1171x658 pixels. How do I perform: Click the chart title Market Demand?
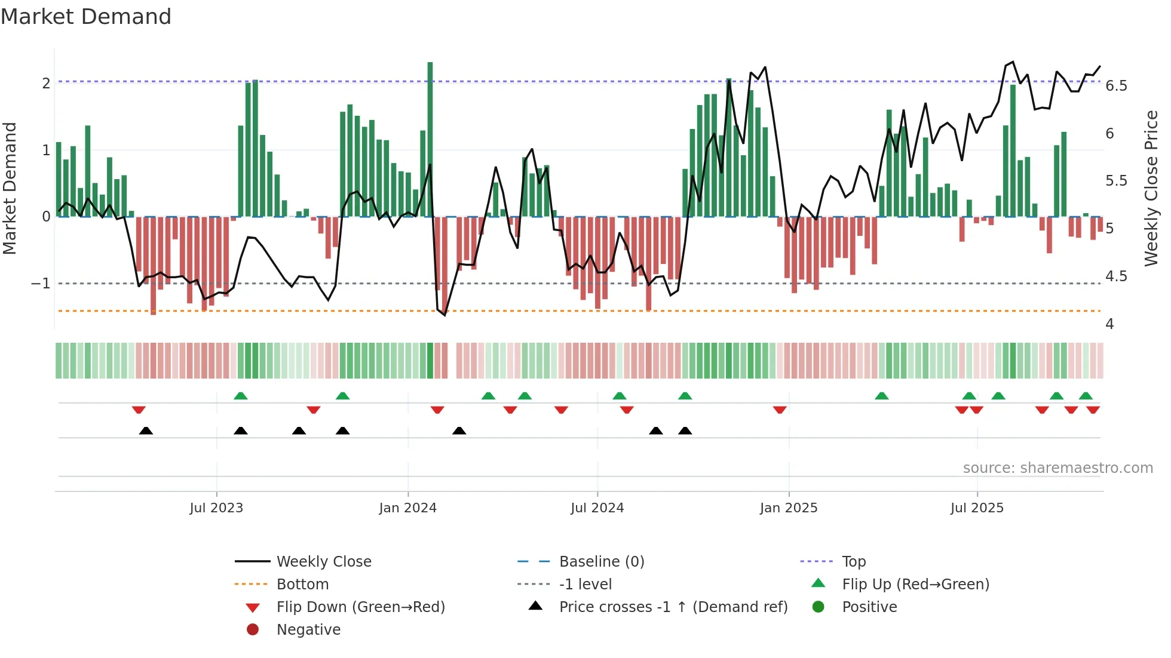coord(86,17)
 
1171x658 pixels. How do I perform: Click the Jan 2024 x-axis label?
coord(407,508)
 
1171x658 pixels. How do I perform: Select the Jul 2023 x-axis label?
coord(216,508)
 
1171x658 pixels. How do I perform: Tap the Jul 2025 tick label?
coord(977,508)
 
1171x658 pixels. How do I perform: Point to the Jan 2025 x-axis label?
coord(788,508)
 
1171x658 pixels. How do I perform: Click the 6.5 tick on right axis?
coord(1116,86)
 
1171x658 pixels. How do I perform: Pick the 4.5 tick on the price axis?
coord(1116,276)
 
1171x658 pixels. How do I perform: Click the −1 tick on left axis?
coord(41,283)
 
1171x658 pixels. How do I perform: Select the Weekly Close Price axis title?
coord(1151,188)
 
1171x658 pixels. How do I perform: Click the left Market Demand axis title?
coord(10,188)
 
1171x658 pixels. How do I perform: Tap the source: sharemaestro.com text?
coord(1057,468)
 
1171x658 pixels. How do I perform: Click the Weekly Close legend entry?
coord(323,562)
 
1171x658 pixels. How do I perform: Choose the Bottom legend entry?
coord(302,585)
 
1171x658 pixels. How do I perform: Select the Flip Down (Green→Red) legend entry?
coord(360,607)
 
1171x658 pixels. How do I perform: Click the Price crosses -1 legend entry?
coord(673,607)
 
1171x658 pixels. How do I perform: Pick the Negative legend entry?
coord(308,630)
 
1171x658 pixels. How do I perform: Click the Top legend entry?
coord(853,562)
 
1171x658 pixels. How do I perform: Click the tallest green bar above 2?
coord(430,137)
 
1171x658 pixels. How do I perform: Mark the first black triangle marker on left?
coord(146,431)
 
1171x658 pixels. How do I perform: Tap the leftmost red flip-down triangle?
coord(139,410)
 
